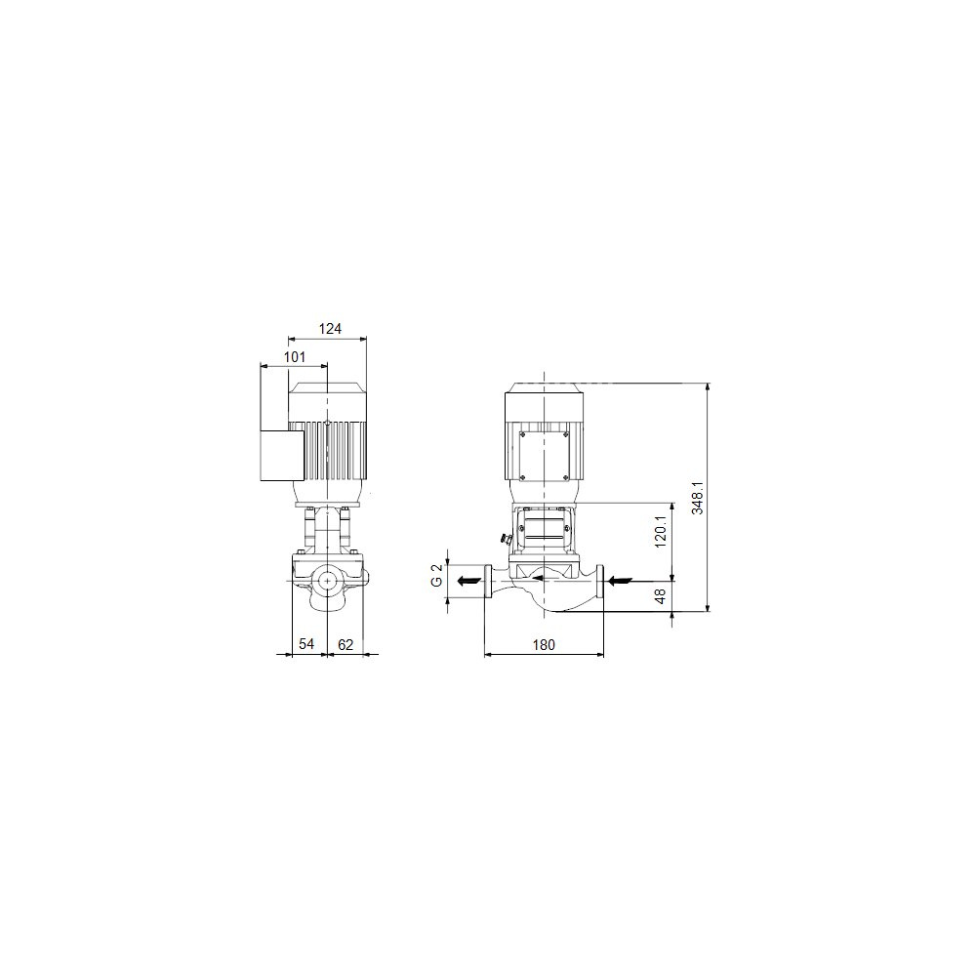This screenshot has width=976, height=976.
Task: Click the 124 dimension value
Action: [330, 329]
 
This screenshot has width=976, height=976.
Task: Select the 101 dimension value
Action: [295, 356]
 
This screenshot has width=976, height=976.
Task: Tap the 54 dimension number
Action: [306, 643]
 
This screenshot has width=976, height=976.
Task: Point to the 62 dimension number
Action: [346, 644]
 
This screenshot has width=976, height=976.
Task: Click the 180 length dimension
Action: [544, 644]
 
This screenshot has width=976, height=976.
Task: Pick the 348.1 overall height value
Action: [698, 498]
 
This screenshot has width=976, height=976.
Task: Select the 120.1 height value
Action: [661, 532]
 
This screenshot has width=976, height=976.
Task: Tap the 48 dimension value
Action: [661, 595]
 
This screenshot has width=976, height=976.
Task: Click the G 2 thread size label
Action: [437, 575]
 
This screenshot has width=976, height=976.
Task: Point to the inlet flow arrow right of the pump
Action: [620, 582]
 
